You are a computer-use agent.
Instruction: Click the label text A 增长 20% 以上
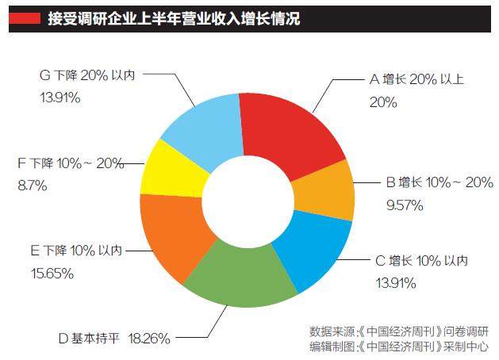418,79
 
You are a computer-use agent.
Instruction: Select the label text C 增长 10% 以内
420,260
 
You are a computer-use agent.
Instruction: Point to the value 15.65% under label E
52,273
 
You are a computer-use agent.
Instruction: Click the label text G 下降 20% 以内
86,75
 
